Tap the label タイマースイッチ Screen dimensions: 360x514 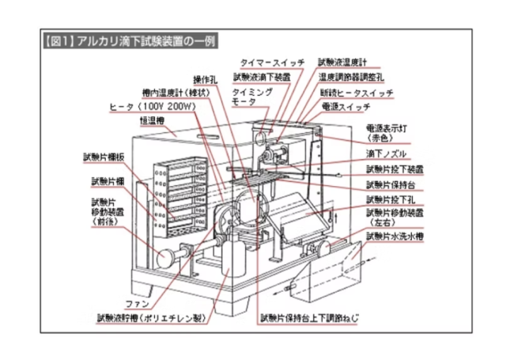pos(268,61)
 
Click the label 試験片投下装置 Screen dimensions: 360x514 pos(393,169)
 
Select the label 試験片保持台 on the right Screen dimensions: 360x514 pos(391,184)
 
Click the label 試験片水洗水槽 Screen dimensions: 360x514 pos(395,236)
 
